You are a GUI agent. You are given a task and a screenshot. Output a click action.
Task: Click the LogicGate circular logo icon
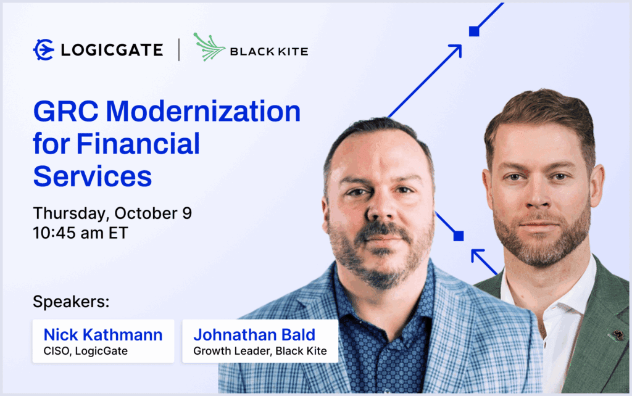tap(44, 50)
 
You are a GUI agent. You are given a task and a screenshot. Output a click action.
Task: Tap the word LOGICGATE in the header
tap(112, 50)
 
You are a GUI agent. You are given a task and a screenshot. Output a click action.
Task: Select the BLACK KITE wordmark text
tap(268, 51)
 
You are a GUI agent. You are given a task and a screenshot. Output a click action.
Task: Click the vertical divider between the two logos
tap(179, 50)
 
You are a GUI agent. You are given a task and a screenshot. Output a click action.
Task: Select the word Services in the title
tap(93, 176)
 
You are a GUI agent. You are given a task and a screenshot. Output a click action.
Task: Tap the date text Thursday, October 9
tap(112, 213)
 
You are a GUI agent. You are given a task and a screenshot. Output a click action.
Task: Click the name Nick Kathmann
tap(103, 335)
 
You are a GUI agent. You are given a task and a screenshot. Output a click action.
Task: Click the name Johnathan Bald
tap(254, 335)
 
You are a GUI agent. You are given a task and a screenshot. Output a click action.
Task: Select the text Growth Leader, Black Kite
tap(260, 352)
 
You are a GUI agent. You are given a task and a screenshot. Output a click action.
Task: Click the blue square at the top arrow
tap(474, 31)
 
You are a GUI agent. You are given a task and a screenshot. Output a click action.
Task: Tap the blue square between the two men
tap(459, 236)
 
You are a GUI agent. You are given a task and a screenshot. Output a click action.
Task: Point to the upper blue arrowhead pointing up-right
tap(455, 50)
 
